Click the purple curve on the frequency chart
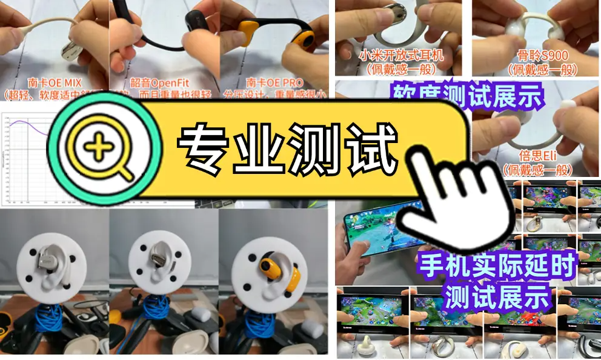pyautogui.click(x=24, y=125)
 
